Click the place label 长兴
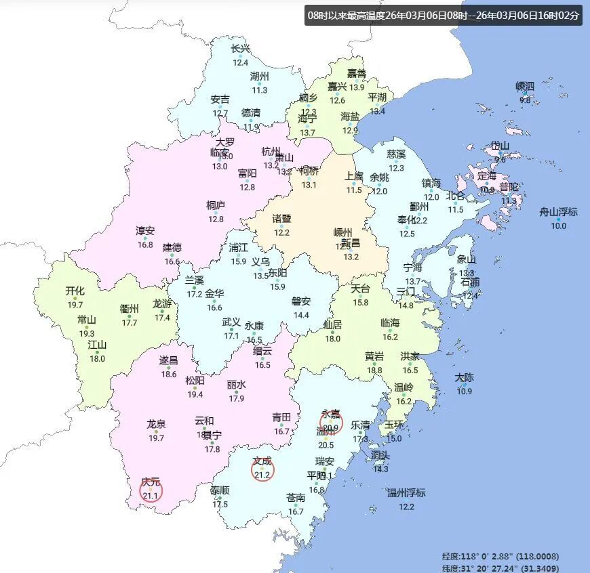[241, 49]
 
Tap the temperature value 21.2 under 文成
[262, 475]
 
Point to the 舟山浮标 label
[558, 212]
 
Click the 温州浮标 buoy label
[406, 492]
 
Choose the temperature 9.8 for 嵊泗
[525, 100]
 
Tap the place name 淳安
[145, 231]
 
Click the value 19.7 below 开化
[75, 305]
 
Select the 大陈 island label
[464, 377]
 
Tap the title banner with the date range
[444, 16]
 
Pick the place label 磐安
[301, 301]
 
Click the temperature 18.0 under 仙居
[332, 339]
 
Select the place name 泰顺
[220, 490]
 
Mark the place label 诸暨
[281, 219]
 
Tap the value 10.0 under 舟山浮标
[558, 226]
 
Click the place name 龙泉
[156, 424]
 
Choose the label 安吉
[220, 100]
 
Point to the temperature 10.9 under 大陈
[464, 391]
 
